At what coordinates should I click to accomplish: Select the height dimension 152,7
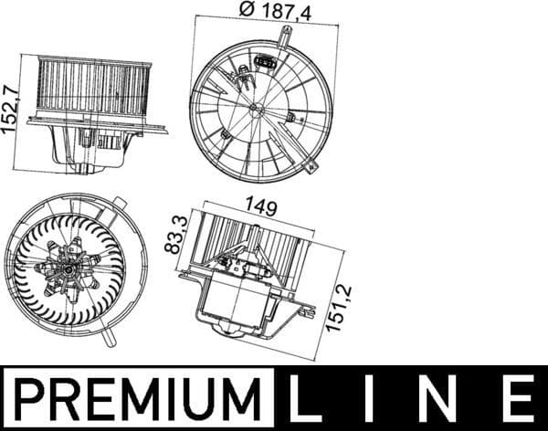(x=10, y=109)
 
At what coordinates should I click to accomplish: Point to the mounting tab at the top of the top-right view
(x=287, y=37)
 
